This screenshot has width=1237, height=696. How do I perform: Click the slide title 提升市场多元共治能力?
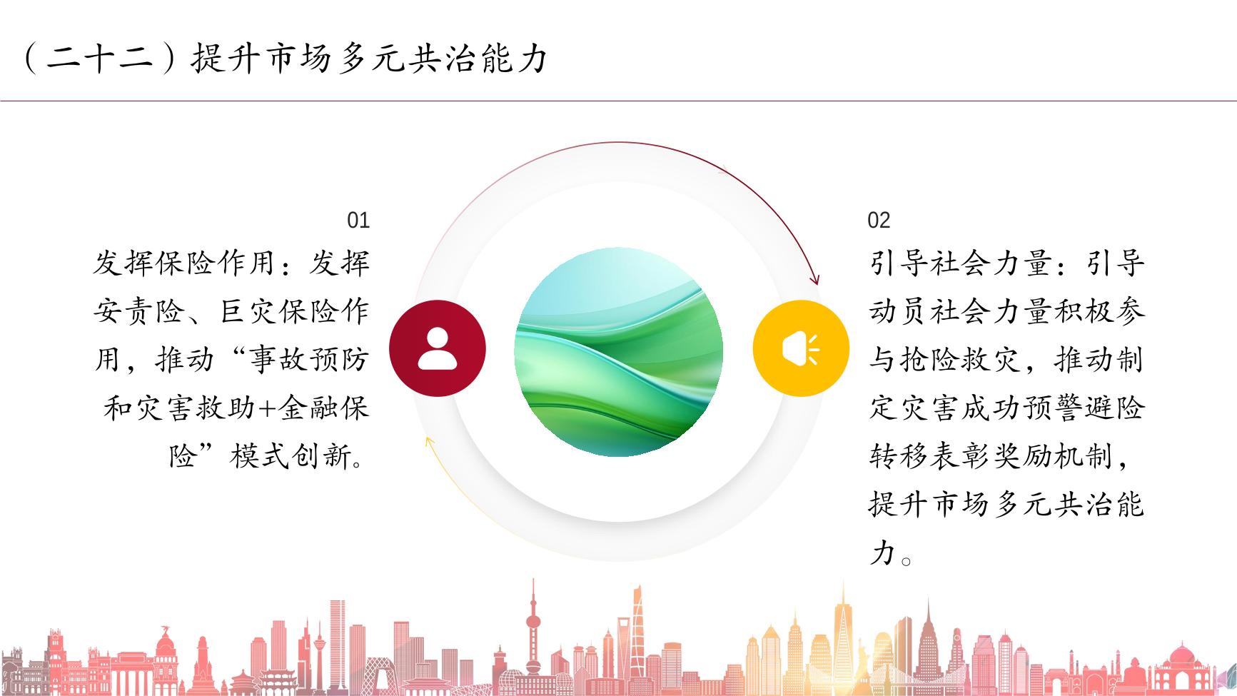click(x=368, y=58)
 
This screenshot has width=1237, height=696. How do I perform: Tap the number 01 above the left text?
click(x=358, y=220)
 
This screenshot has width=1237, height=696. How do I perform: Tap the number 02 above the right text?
click(x=879, y=220)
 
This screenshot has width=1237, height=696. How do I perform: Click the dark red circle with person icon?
click(x=438, y=349)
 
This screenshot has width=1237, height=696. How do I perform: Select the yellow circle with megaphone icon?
click(x=801, y=349)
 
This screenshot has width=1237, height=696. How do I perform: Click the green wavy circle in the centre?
click(x=619, y=352)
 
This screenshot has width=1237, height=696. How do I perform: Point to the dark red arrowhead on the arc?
click(x=814, y=278)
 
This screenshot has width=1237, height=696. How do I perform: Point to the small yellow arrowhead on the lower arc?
click(x=430, y=443)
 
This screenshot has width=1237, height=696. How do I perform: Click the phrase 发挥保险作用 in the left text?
click(x=184, y=263)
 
